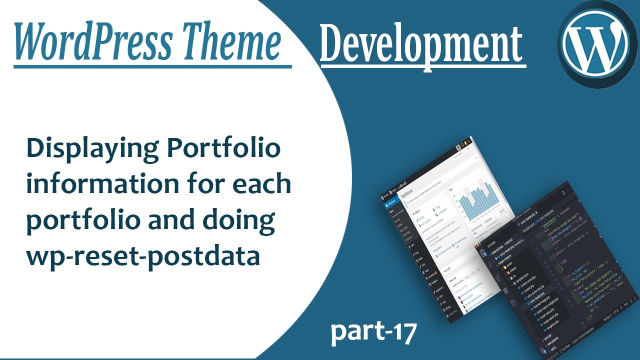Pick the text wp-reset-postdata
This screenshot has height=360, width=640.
(143, 256)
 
